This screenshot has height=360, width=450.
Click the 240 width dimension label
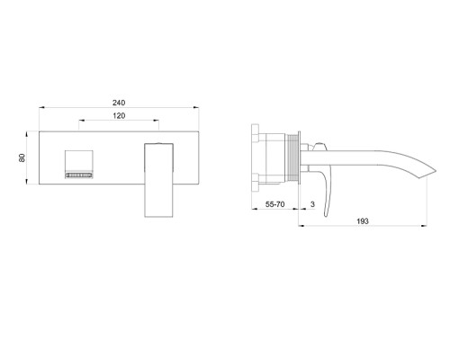[x=119, y=103]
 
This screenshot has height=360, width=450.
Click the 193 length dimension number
[x=362, y=221]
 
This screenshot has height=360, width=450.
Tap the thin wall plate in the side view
[x=310, y=159]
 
